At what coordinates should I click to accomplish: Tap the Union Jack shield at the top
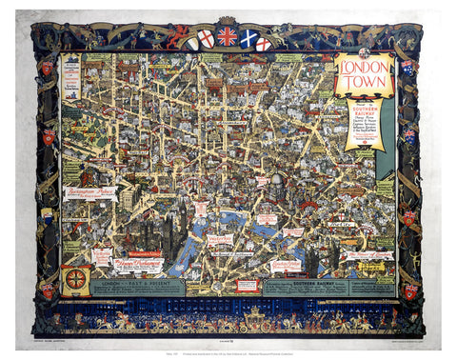coord(228,37)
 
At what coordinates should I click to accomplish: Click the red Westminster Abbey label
coord(140,254)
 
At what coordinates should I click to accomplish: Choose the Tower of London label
coord(368,255)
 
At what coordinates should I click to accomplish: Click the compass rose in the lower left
coord(75,281)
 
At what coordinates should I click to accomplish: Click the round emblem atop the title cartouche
coord(363,53)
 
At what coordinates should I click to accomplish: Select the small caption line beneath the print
coord(228,348)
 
